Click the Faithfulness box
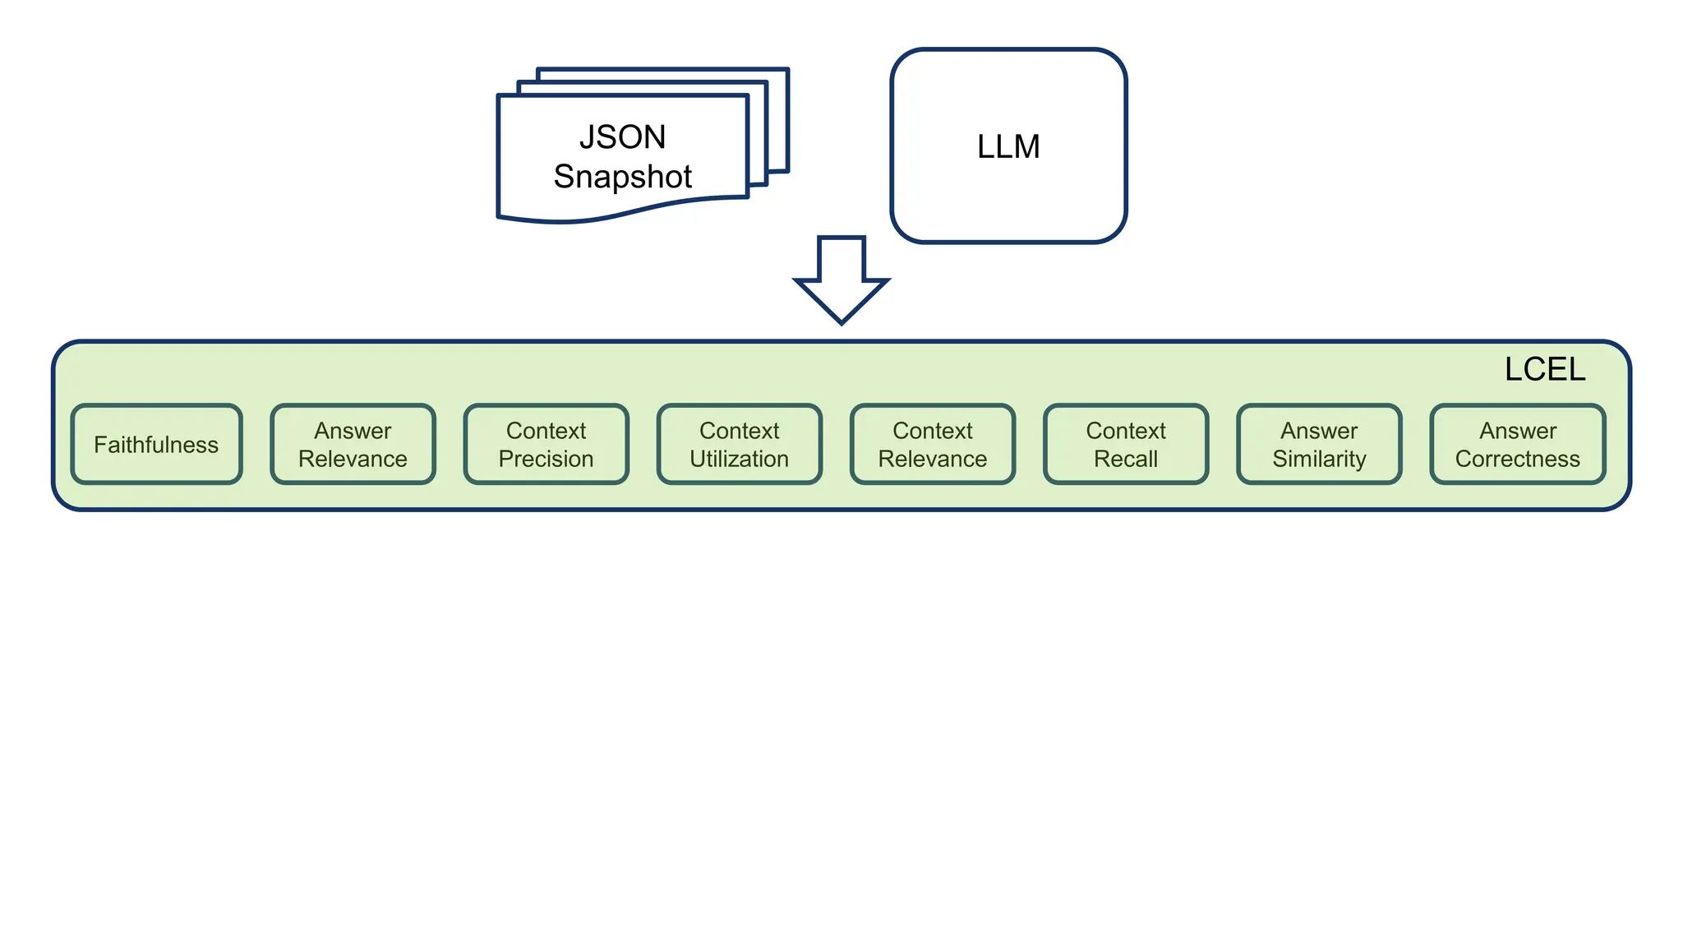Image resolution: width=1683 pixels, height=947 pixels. tap(156, 444)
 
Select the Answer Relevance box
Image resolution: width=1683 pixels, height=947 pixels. tap(353, 444)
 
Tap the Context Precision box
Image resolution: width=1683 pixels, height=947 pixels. tap(546, 444)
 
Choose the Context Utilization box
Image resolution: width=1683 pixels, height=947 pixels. tap(739, 444)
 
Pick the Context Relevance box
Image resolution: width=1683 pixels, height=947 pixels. tap(932, 444)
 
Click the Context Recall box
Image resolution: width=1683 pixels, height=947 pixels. tap(1125, 444)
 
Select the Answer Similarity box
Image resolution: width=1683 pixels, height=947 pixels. tap(1319, 444)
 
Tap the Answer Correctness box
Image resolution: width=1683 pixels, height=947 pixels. tap(1517, 444)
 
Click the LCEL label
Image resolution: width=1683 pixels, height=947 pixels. tap(1544, 369)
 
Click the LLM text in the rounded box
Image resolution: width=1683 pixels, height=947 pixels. tap(1008, 146)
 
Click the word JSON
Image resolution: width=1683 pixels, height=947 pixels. tap(622, 136)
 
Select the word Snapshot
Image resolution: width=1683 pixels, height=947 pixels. tap(622, 177)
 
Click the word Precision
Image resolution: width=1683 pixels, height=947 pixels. tap(546, 459)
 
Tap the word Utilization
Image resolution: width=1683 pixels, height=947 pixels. tap(739, 459)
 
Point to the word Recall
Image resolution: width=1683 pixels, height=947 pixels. tap(1125, 459)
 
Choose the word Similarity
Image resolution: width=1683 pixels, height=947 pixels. tap(1319, 459)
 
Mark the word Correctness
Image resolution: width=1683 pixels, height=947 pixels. tap(1517, 459)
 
